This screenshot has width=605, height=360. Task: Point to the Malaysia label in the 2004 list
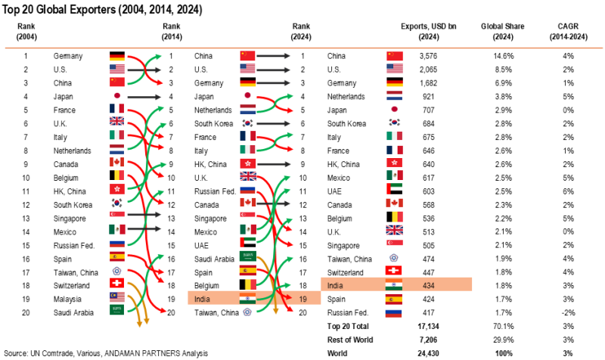67,299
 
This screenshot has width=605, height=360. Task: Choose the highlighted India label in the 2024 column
337,285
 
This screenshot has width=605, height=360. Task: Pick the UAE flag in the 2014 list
249,244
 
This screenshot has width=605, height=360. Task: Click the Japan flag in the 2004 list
116,97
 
